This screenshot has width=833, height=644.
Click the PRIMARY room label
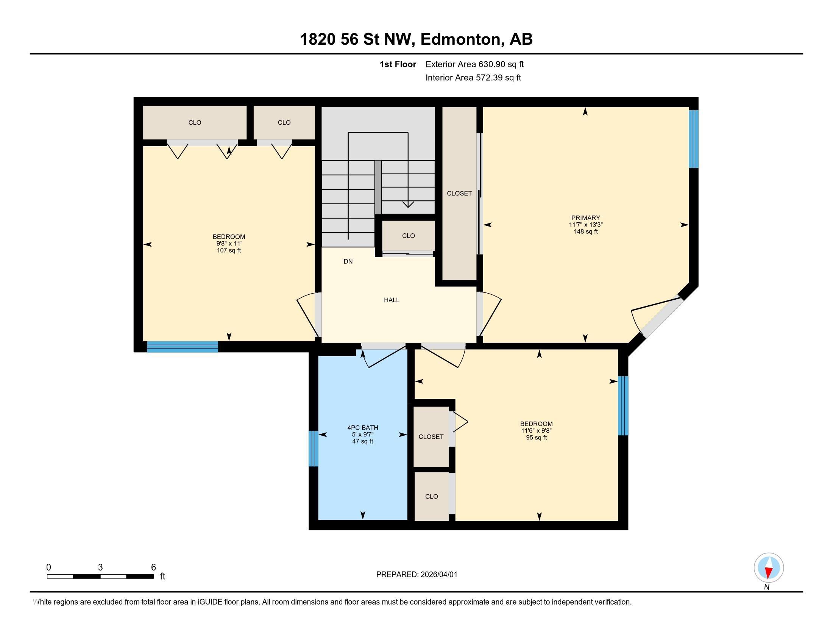[585, 218]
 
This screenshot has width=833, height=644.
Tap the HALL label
[392, 300]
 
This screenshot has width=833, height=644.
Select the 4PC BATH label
[362, 428]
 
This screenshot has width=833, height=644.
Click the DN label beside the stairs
[348, 261]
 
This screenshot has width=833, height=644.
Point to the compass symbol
[769, 568]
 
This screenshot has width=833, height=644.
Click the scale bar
[100, 576]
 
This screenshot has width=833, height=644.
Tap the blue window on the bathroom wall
[313, 448]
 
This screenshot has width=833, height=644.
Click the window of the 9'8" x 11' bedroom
[183, 346]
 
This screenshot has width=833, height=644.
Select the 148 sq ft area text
[585, 231]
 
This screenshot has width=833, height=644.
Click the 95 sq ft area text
[536, 438]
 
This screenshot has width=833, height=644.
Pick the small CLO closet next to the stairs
[408, 236]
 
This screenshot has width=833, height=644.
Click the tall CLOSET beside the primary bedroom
[459, 194]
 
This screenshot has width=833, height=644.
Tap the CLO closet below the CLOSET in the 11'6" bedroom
[431, 496]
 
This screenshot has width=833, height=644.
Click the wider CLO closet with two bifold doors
[195, 122]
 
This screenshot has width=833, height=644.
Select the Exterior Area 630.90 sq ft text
[474, 64]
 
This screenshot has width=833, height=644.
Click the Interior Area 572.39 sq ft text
[473, 78]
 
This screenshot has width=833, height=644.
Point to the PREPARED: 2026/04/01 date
[416, 575]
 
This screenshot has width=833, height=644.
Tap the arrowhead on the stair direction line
[408, 205]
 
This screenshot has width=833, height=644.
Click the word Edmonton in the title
[460, 39]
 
